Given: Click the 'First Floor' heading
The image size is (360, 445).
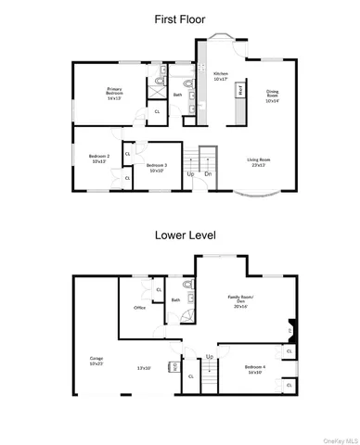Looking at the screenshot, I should [x=180, y=18].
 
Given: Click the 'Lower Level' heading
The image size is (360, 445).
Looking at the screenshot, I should [x=180, y=235].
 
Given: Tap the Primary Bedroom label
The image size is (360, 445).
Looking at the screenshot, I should [x=114, y=93].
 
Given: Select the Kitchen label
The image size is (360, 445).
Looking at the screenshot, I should [x=221, y=76].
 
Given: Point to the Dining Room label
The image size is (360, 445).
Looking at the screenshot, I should [x=272, y=95].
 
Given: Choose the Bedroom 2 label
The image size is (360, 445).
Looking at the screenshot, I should [x=99, y=159].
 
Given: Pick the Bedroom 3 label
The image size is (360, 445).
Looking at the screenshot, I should [x=156, y=168].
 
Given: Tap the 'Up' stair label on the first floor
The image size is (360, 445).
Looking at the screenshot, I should [x=190, y=174].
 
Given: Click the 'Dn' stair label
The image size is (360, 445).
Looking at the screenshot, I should [x=209, y=174].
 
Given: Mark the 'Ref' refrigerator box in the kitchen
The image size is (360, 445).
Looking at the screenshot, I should [x=240, y=91].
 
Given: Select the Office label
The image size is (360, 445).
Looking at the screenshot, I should [x=139, y=307].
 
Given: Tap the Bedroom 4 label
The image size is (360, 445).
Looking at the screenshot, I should [x=254, y=368].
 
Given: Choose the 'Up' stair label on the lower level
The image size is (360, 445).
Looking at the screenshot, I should [x=210, y=357].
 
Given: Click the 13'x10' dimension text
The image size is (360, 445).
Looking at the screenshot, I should [x=144, y=368].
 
